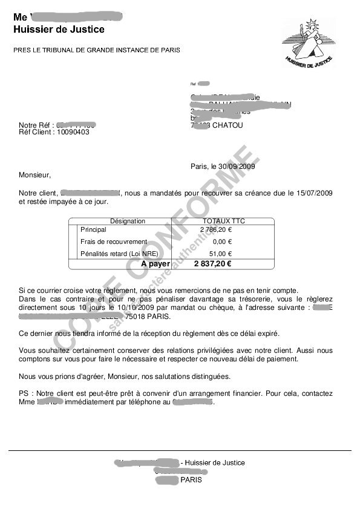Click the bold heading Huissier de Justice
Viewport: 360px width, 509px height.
point(59,29)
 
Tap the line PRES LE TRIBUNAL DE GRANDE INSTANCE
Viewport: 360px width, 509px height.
point(96,50)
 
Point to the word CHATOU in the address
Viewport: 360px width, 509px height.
point(227,126)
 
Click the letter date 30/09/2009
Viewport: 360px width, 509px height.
point(234,166)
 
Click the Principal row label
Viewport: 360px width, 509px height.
point(93,230)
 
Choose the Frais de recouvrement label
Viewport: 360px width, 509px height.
point(114,241)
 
